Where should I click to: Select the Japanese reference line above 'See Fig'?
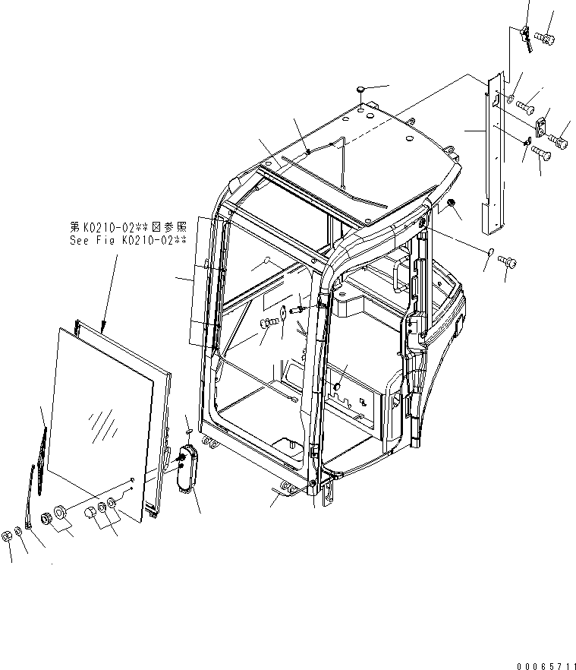tap(126, 226)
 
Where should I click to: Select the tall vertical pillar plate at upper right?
tap(489, 152)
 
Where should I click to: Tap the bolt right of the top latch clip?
tap(545, 36)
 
